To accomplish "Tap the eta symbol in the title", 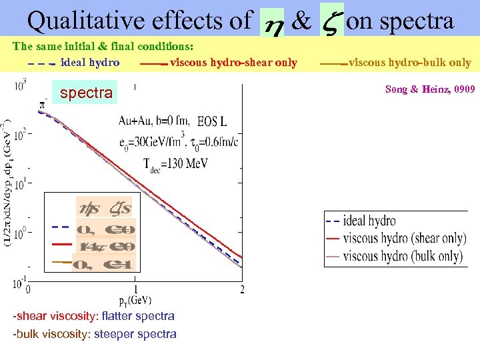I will tap(271, 25).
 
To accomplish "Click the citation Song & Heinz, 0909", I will tap(430, 89).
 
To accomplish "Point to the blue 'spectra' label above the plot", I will tap(86, 93).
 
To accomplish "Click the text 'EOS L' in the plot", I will tap(212, 121).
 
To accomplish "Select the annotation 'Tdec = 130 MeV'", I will tap(175, 163).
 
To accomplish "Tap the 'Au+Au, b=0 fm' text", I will tap(155, 121).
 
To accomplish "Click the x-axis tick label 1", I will tap(135, 289).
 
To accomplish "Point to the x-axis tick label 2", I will tap(241, 289).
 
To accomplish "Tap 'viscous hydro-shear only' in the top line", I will tap(233, 63).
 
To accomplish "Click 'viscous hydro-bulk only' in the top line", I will tap(409, 63).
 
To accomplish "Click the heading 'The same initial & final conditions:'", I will tap(103, 47).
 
